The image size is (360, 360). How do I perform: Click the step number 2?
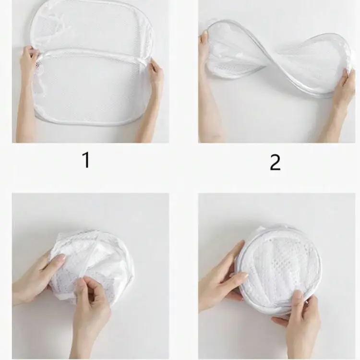tap(275, 163)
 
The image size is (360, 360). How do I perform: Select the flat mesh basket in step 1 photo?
tap(91, 72)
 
